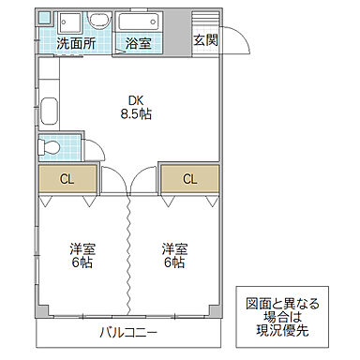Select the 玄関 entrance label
[x=205, y=39]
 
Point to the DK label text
[x=136, y=100]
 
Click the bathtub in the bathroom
[x=140, y=22]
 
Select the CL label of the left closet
[x=67, y=178]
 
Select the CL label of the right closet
[x=189, y=178]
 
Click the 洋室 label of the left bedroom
[x=82, y=248]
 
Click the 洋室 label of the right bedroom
[x=172, y=248]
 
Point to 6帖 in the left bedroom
[x=82, y=263]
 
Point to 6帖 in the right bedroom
[x=172, y=263]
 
